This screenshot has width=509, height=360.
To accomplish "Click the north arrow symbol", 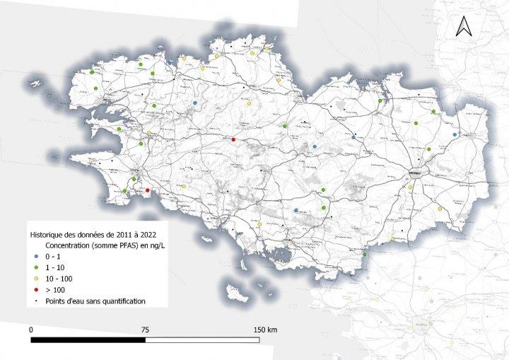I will [x=463, y=26].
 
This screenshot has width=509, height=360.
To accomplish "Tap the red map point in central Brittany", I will [x=233, y=139].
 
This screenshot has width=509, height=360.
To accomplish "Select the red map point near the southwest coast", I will [x=147, y=190].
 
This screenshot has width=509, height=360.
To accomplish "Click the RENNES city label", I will [x=414, y=171].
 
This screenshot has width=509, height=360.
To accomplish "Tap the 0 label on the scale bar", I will [x=31, y=330].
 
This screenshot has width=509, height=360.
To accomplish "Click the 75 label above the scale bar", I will [x=145, y=330].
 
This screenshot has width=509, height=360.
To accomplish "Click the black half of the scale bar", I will [x=88, y=340].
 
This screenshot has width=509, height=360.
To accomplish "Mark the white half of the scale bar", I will [x=202, y=340].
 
